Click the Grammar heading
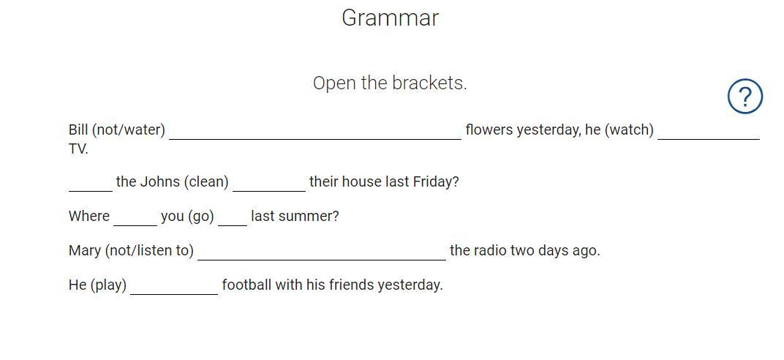[390, 18]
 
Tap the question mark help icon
[745, 97]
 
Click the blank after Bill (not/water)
[315, 140]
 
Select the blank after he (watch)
[709, 140]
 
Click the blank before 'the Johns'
[91, 191]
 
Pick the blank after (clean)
[269, 191]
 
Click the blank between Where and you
[135, 225]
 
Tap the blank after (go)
[233, 225]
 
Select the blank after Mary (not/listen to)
[322, 260]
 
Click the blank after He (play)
[174, 294]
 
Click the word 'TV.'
[78, 149]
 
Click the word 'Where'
[89, 216]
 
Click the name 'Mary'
[85, 250]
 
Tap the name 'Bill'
[78, 130]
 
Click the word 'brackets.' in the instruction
[429, 83]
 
